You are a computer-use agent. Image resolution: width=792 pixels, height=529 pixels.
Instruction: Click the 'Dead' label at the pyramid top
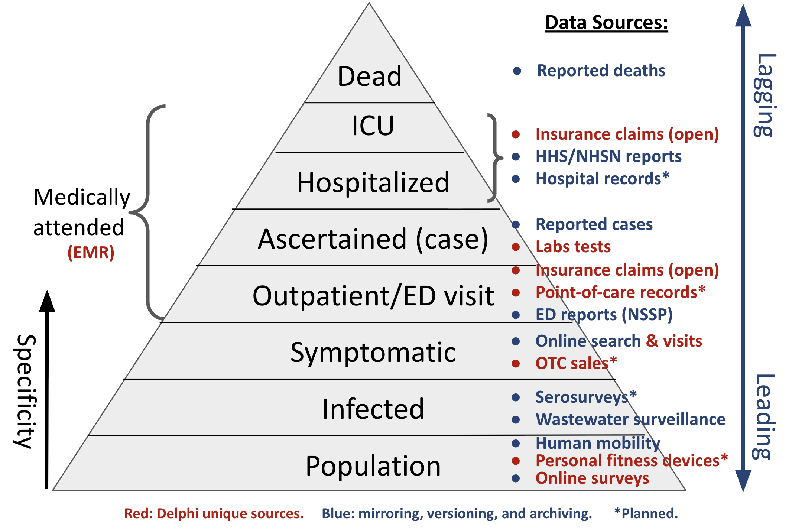pos(370,77)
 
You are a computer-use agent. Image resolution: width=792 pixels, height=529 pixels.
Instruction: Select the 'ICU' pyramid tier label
pos(373,126)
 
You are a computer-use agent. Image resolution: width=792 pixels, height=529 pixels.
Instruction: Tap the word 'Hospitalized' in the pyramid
pos(373,182)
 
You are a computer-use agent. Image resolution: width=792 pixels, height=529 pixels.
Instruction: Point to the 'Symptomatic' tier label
pos(373,352)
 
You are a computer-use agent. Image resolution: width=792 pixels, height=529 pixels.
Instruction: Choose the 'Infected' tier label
pos(373,409)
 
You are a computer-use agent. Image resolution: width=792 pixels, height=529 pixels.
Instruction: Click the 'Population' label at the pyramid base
pos(373,466)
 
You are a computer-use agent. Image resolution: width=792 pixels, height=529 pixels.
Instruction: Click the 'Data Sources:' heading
pos(606,23)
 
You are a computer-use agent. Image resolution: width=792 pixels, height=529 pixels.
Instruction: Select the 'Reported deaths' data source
pos(601,71)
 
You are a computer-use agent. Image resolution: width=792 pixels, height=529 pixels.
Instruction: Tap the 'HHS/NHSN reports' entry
pos(608,156)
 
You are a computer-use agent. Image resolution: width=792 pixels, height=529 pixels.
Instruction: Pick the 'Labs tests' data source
pos(573,247)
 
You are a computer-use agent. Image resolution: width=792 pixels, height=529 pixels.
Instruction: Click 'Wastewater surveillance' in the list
pos(630,419)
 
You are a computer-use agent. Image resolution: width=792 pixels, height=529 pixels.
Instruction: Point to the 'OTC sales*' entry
pos(576,363)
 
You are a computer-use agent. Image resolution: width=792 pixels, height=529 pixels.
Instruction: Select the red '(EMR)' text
pos(91,253)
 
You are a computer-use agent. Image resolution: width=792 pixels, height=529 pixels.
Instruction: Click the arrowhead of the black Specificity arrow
pos(47,301)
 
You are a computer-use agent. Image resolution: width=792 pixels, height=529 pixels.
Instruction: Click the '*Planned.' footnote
pos(646,513)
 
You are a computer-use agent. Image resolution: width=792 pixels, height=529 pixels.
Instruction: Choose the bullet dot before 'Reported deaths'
pos(517,71)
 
